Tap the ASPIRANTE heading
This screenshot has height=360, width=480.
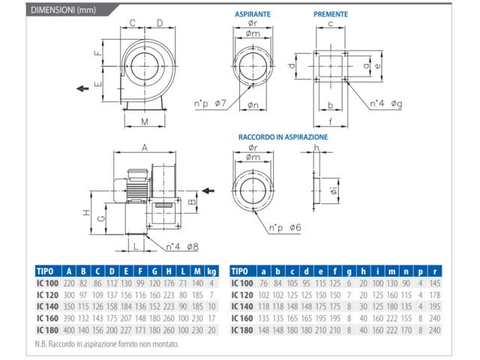[252, 14]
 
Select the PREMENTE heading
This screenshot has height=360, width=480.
[331, 14]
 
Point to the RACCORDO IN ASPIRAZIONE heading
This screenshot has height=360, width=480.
[283, 137]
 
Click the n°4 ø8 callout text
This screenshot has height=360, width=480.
[181, 245]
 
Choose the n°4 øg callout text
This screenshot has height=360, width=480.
[385, 103]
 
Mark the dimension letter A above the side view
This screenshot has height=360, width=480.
[145, 147]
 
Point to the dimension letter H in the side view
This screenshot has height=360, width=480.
[86, 213]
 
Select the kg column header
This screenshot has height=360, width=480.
[213, 271]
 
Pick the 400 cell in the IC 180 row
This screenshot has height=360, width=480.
[69, 329]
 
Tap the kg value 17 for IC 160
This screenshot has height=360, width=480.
[213, 318]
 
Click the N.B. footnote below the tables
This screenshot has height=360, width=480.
[106, 345]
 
